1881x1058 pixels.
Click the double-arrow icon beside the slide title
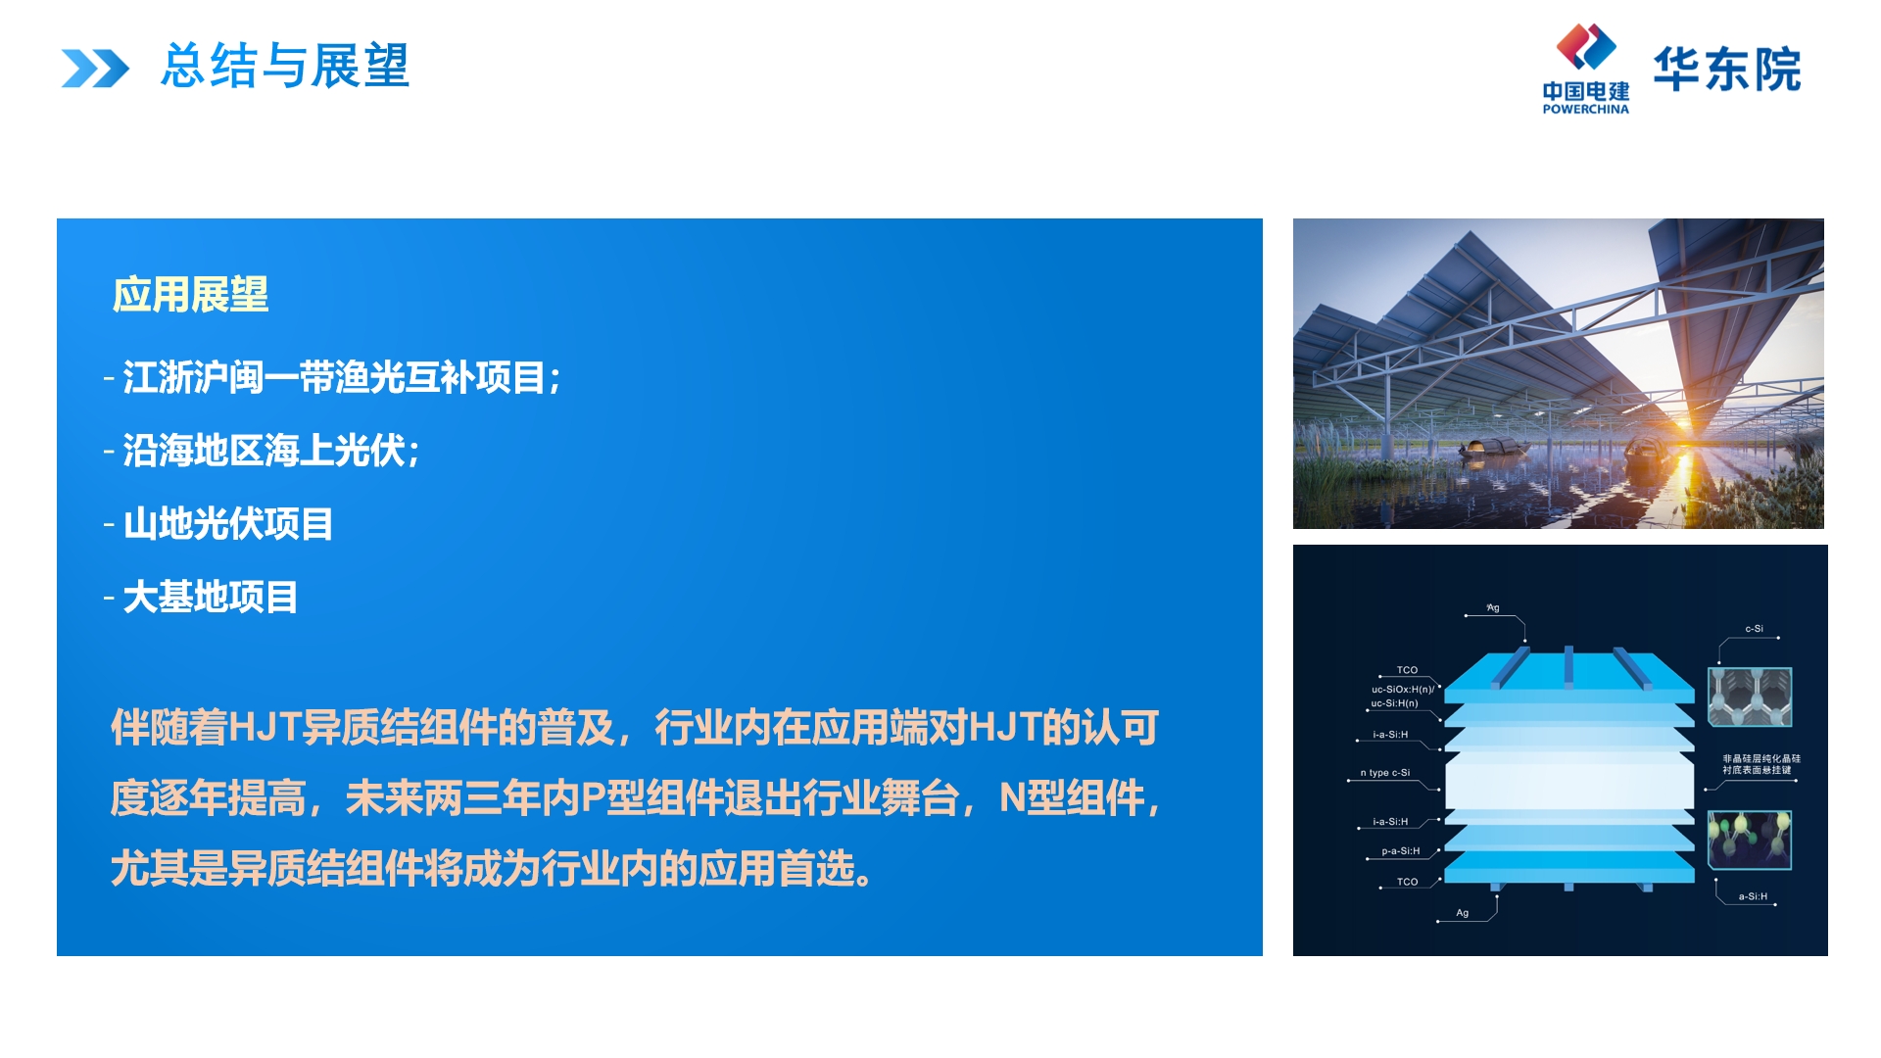tap(95, 69)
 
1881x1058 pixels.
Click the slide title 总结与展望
tap(285, 67)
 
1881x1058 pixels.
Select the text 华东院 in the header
tap(1727, 70)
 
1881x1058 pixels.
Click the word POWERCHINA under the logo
tap(1585, 110)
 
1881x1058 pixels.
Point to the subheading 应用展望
tap(190, 295)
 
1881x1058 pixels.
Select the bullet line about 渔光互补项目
tap(332, 378)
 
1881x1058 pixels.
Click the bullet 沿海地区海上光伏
tap(262, 451)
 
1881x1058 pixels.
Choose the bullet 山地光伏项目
tap(218, 524)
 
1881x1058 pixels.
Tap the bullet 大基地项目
tap(201, 597)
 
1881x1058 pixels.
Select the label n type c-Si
tap(1384, 773)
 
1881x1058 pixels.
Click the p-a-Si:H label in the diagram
tap(1400, 851)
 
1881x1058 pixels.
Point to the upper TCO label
tap(1407, 670)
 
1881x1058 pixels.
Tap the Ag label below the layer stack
tap(1462, 913)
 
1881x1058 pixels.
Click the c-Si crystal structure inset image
tap(1750, 697)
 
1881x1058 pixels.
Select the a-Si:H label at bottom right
tap(1753, 896)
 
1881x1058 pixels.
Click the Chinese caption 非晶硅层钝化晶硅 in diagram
tap(1761, 758)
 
